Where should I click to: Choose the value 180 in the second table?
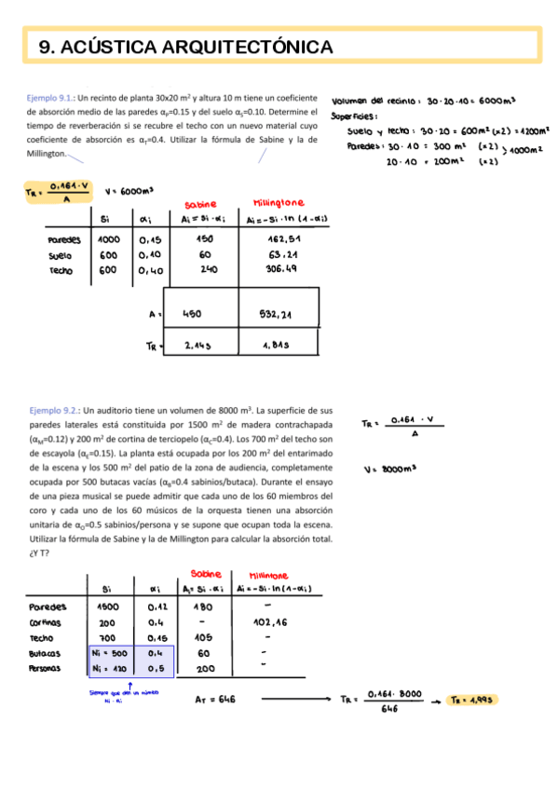click(201, 606)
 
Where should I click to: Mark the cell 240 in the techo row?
click(204, 270)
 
